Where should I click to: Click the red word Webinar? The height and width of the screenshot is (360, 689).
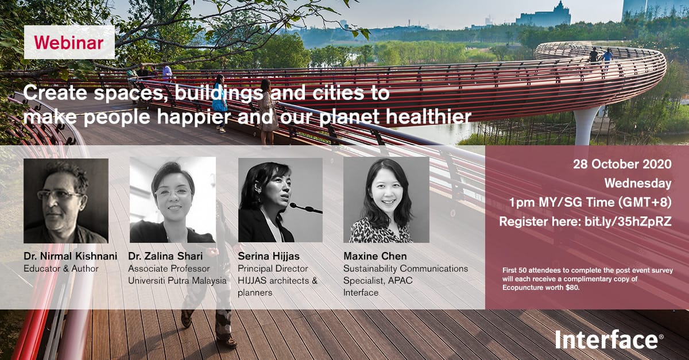click(69, 42)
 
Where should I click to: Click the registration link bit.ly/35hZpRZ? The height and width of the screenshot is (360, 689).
click(628, 222)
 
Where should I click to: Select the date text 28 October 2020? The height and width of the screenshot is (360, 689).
click(622, 164)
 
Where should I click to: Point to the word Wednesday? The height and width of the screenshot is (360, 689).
click(638, 183)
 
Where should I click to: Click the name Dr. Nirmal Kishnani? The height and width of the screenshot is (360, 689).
click(71, 256)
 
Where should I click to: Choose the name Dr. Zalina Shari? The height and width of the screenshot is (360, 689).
click(165, 256)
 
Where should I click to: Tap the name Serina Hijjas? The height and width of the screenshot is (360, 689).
click(269, 256)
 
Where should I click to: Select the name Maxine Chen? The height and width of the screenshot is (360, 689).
click(375, 256)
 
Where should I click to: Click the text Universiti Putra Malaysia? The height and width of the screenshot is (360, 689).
click(177, 281)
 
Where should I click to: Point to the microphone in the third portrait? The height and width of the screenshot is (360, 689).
click(306, 208)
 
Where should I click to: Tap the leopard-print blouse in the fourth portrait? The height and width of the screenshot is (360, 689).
click(381, 231)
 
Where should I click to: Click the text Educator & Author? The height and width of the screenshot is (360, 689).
click(61, 269)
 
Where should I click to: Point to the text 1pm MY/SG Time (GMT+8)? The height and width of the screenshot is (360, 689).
click(590, 203)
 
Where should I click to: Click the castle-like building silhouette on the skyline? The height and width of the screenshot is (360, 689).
click(544, 15)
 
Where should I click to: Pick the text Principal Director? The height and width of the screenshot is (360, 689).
click(273, 269)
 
